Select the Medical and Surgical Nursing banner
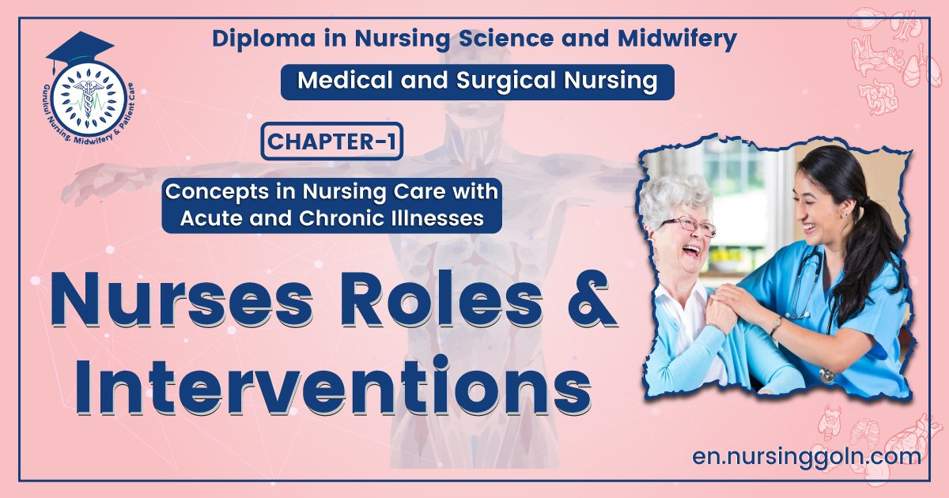[x=477, y=81]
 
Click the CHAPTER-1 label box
[x=331, y=142]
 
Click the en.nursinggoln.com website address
[x=806, y=456]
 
